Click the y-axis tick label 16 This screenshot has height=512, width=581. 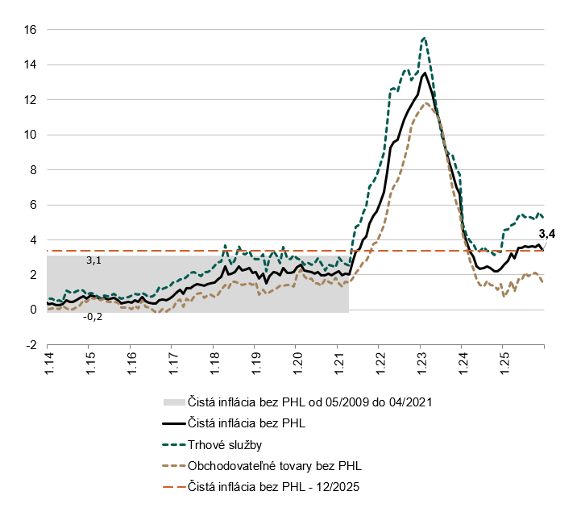pos(30,30)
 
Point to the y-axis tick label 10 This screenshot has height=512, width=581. pos(30,135)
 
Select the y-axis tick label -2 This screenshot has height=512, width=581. pos(31,345)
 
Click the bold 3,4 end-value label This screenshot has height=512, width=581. pos(547,235)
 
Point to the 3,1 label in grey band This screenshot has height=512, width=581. pos(94,261)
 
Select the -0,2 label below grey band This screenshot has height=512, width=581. pos(93,317)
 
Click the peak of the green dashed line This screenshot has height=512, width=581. pos(424,37)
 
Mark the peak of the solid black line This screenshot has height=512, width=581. pos(425,73)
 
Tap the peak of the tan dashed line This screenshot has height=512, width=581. pos(425,103)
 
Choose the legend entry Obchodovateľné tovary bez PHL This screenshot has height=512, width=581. pos(275,465)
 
